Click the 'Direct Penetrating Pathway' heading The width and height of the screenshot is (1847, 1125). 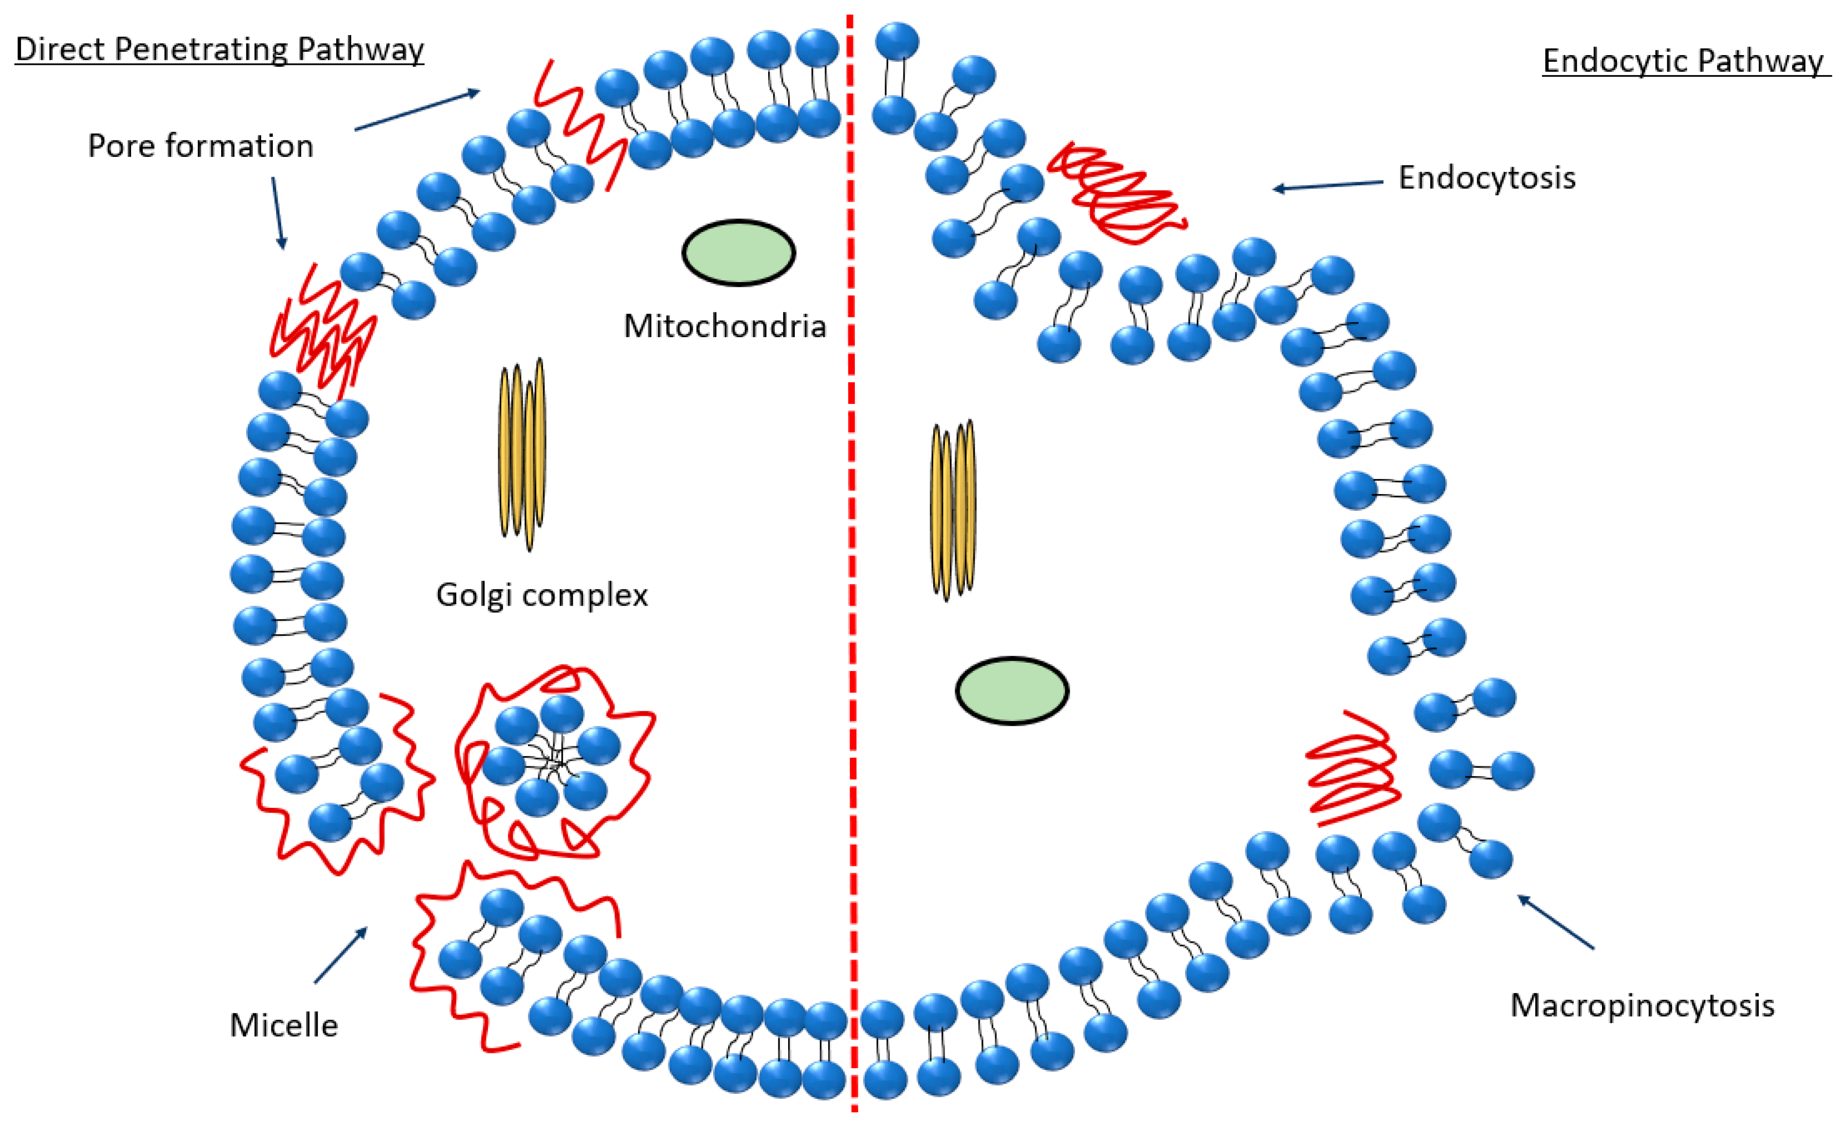point(219,50)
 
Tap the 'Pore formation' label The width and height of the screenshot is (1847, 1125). point(200,146)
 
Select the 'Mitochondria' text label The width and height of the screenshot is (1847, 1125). point(724,326)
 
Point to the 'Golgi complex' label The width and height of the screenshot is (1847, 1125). point(541,595)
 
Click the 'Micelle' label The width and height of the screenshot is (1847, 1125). point(283,1025)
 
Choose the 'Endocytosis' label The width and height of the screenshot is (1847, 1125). point(1487,178)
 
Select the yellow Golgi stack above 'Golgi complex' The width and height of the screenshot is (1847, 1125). point(523,454)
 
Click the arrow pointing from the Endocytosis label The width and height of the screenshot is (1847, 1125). point(1327,185)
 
